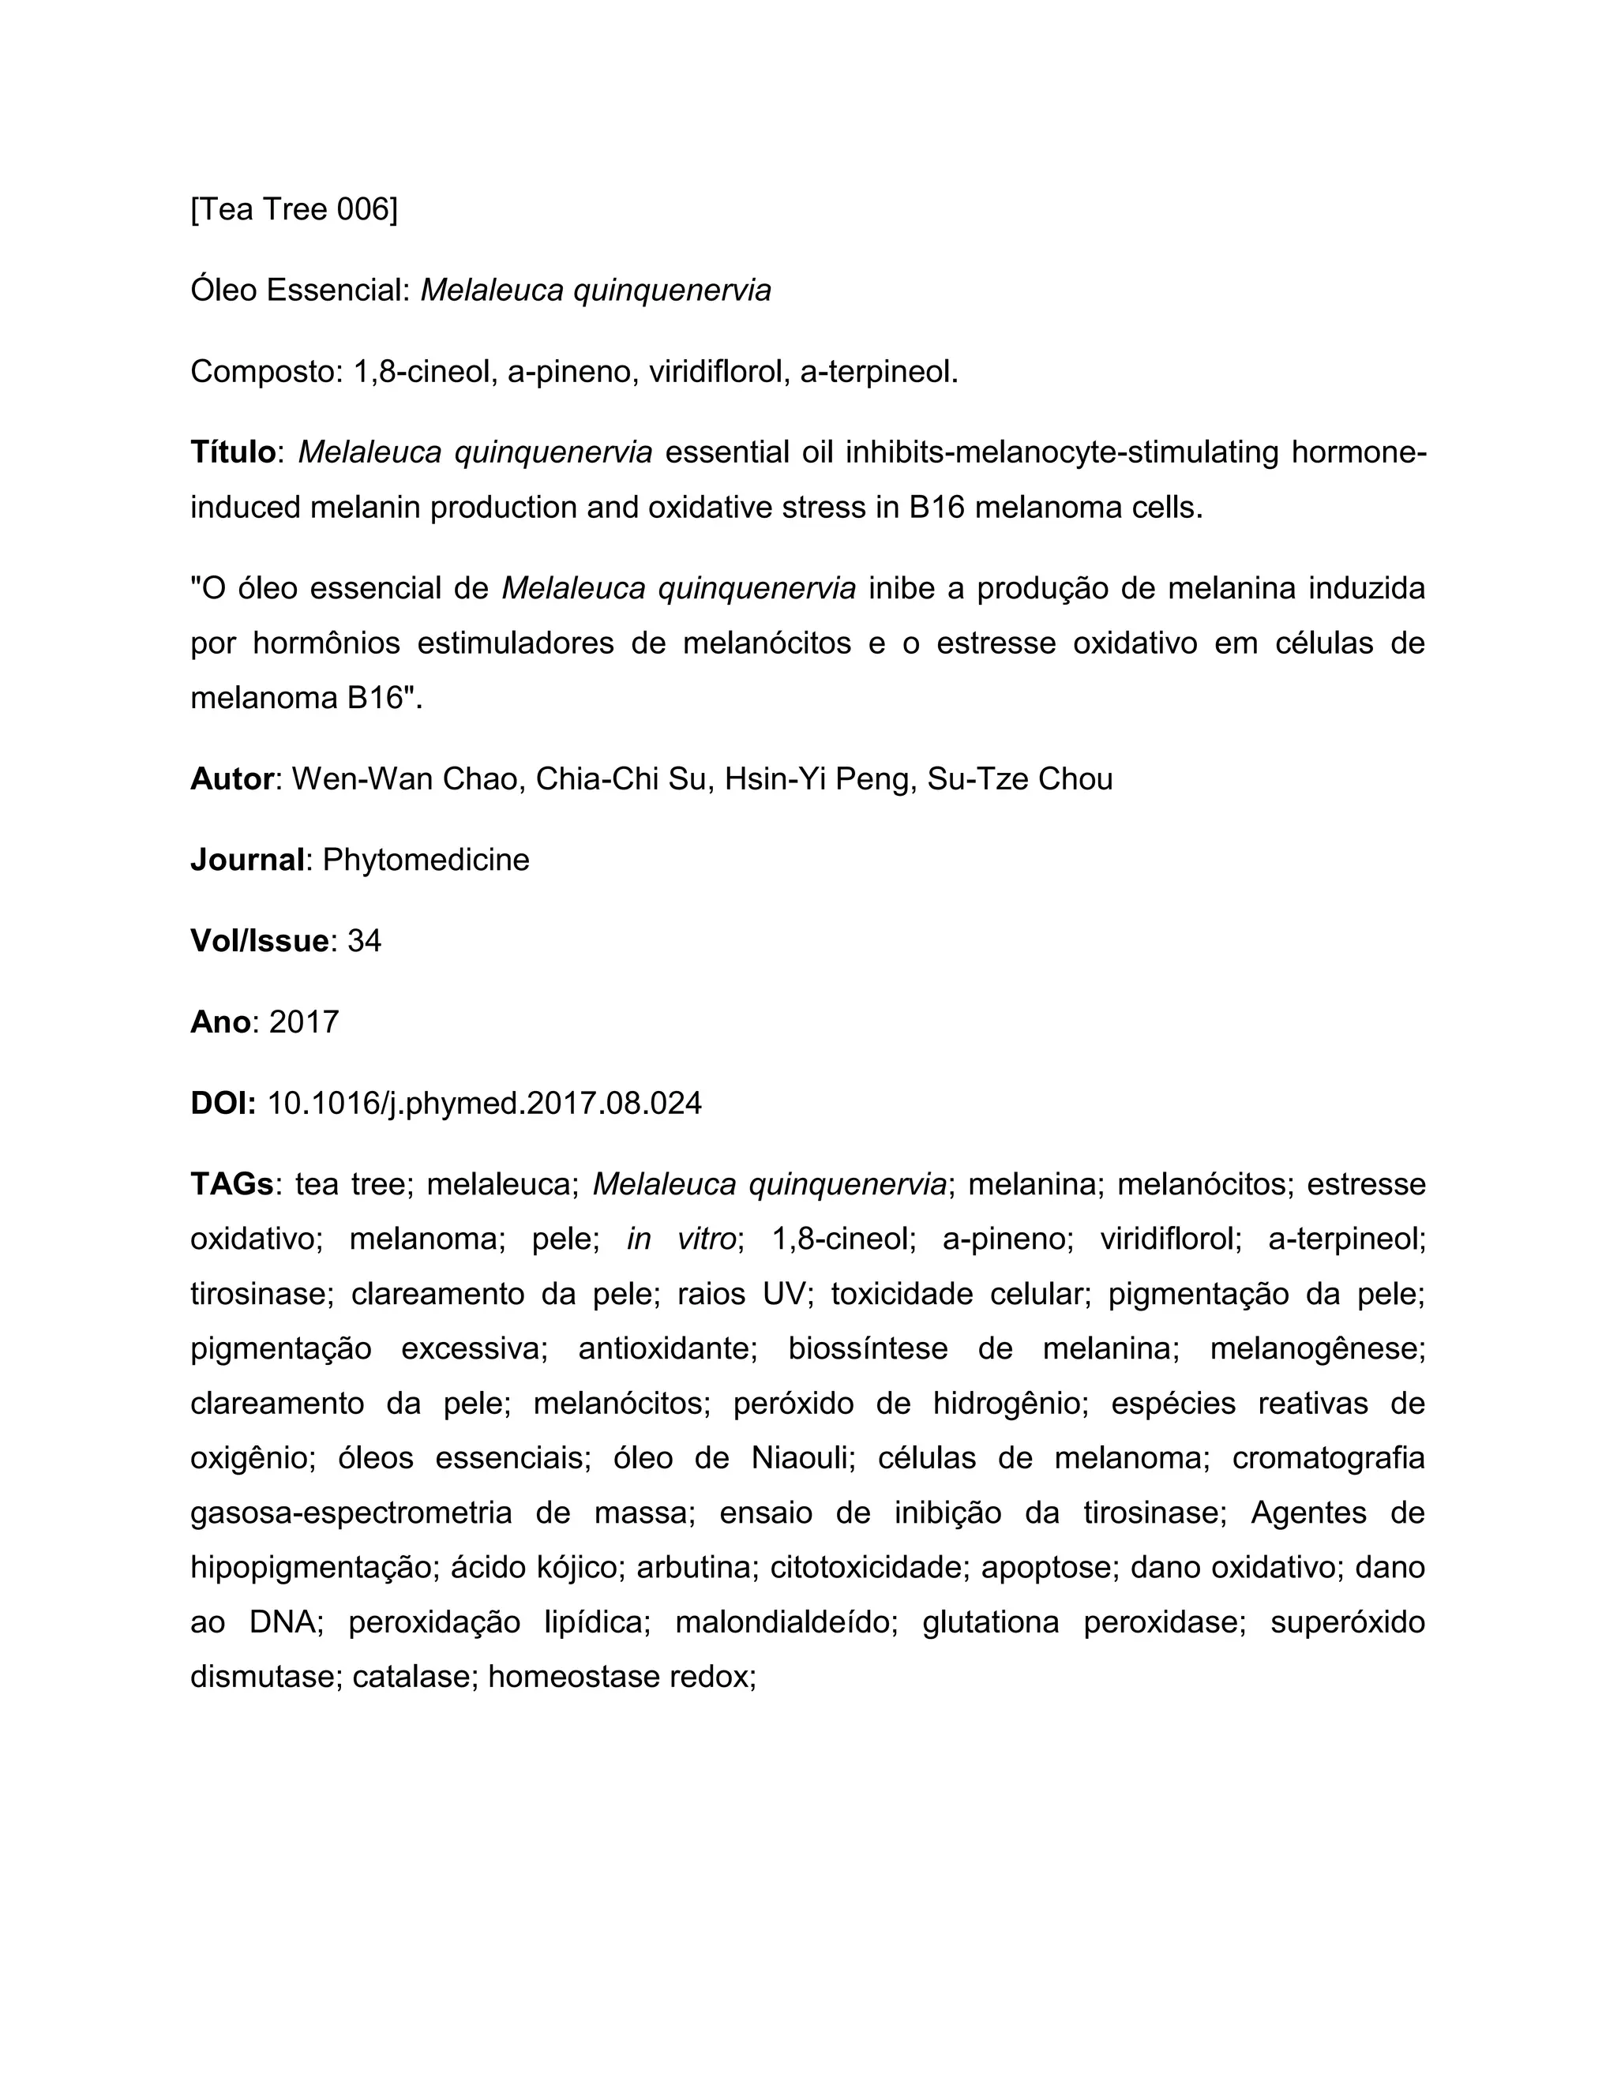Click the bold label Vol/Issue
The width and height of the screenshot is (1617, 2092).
tap(259, 941)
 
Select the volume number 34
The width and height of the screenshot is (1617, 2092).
tap(364, 941)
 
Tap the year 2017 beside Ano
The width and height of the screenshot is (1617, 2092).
tap(304, 1022)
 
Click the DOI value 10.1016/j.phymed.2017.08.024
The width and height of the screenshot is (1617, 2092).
tap(484, 1104)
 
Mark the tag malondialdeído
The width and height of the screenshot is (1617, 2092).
tap(786, 1622)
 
